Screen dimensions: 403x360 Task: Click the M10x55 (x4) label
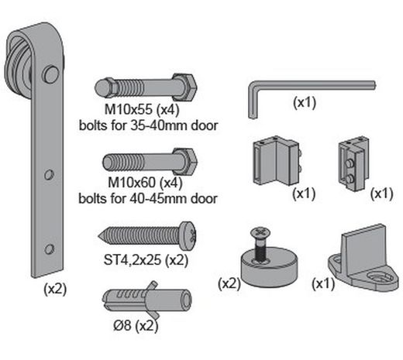pyautogui.click(x=142, y=110)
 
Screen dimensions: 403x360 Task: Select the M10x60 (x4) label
pyautogui.click(x=145, y=183)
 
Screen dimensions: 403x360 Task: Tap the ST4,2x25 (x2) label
pyautogui.click(x=146, y=260)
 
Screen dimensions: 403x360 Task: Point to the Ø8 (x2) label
pyautogui.click(x=136, y=326)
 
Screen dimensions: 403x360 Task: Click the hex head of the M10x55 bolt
pyautogui.click(x=184, y=87)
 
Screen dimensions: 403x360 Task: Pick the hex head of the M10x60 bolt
pyautogui.click(x=185, y=162)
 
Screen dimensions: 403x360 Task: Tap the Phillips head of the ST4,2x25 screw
pyautogui.click(x=188, y=235)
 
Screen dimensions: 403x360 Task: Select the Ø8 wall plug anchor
pyautogui.click(x=147, y=300)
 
